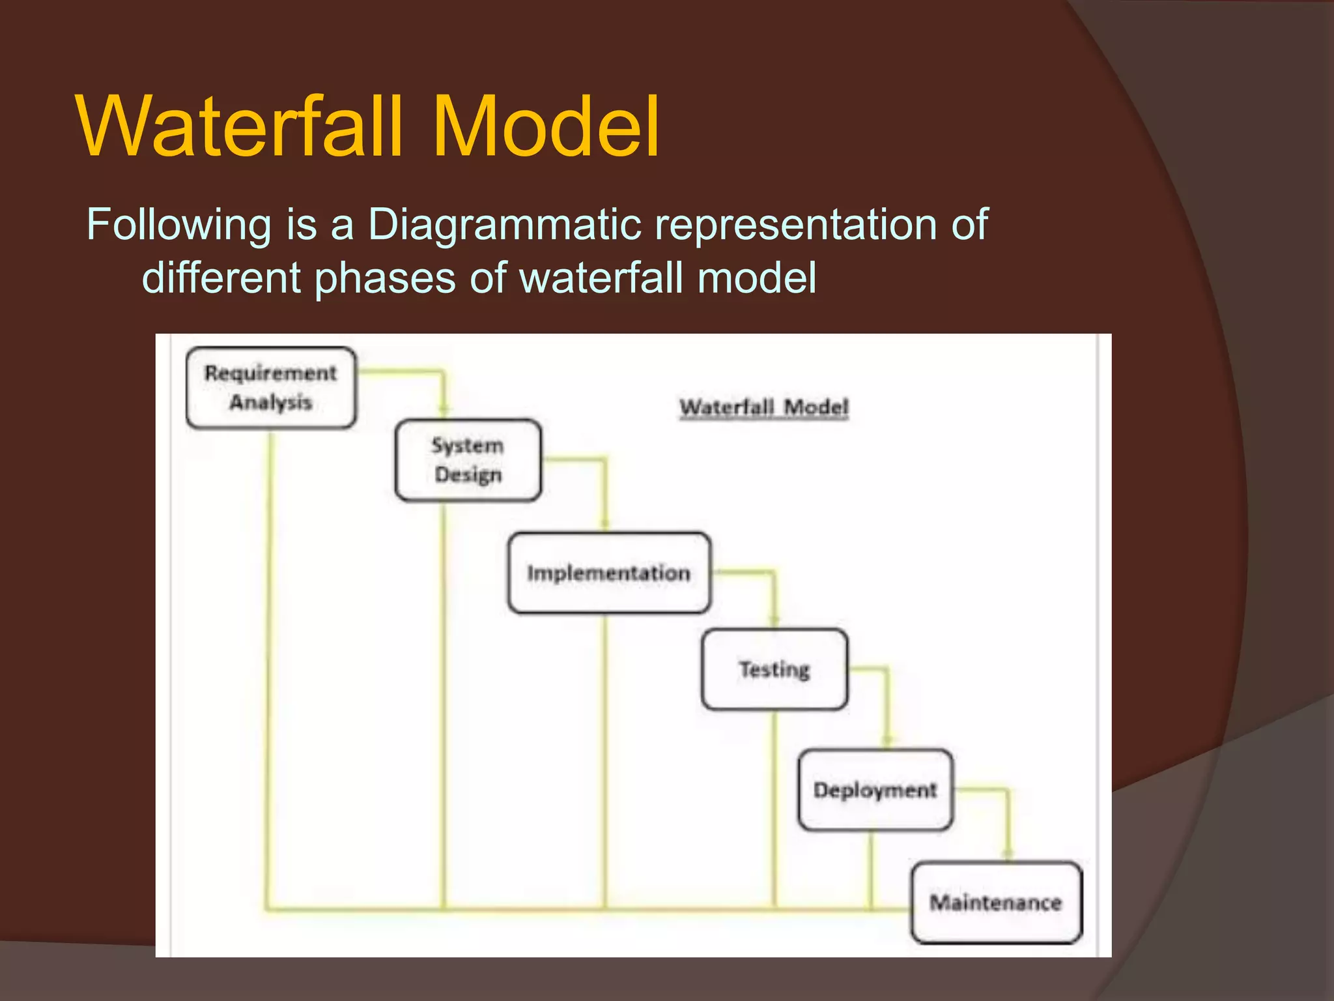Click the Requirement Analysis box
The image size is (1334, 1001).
pos(271,388)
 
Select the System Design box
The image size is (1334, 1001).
pos(468,460)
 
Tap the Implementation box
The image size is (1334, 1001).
pos(609,573)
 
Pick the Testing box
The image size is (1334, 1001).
pos(774,669)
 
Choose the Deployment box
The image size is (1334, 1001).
pos(875,790)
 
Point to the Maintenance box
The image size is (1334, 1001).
pos(996,903)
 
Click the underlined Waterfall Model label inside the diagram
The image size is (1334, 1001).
pos(764,407)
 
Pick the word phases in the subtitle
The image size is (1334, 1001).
pos(384,279)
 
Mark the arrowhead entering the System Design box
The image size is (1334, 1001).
pos(444,411)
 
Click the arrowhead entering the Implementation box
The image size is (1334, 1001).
pos(604,524)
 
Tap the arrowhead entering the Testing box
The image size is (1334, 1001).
pos(774,620)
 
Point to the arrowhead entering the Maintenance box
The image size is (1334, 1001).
pos(1008,853)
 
